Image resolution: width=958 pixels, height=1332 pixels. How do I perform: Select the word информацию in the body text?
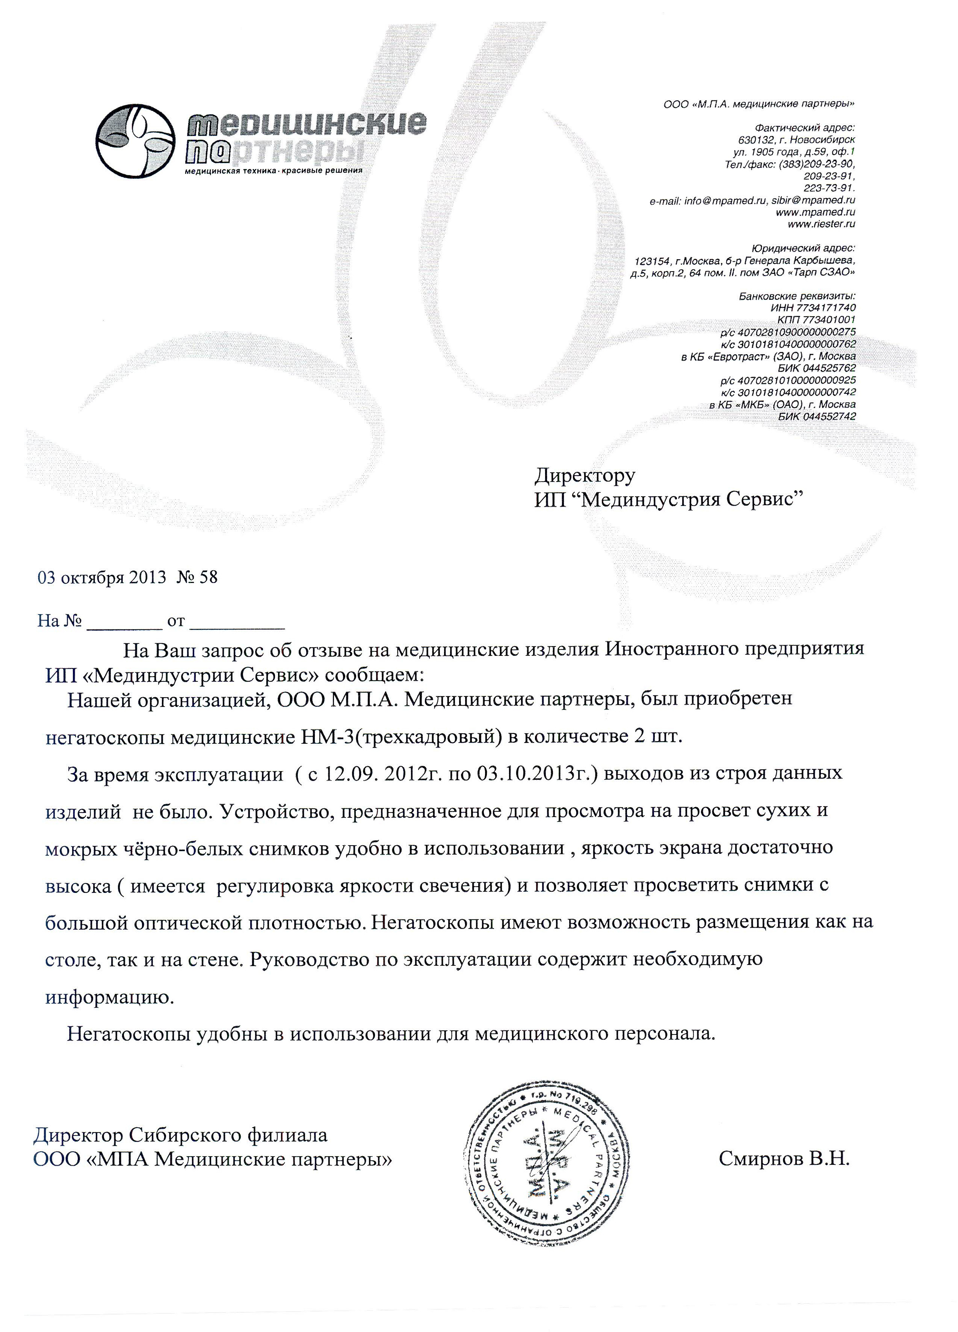[110, 997]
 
